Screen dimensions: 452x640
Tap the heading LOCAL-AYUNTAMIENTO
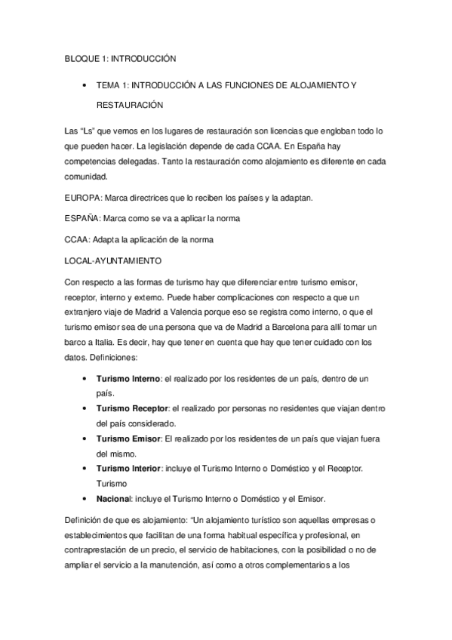(112, 261)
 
